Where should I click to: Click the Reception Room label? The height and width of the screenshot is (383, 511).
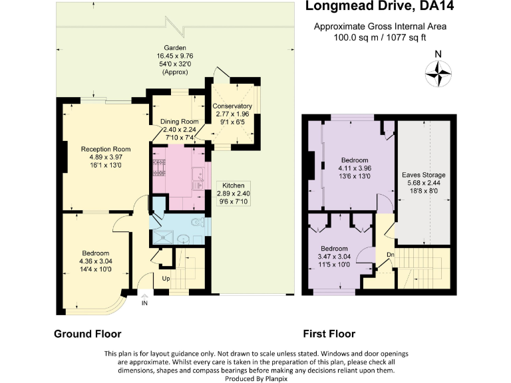tap(105, 149)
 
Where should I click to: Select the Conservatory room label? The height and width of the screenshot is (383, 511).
tap(232, 106)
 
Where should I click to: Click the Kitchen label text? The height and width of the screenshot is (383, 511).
tap(232, 186)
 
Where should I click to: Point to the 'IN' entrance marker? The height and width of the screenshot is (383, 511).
tap(144, 303)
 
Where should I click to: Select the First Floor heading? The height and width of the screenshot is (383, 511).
tap(329, 334)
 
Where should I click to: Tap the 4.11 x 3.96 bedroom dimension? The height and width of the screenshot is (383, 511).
tap(355, 169)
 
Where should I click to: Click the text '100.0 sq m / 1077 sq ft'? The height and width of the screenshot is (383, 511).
tap(380, 38)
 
